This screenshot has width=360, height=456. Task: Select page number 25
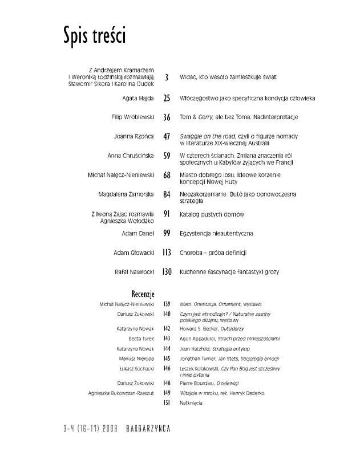[x=167, y=98]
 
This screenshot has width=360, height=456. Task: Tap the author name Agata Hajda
[x=137, y=98]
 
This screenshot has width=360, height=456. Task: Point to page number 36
[x=167, y=117]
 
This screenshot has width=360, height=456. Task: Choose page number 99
[x=167, y=234]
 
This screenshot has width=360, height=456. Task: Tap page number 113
[x=167, y=252]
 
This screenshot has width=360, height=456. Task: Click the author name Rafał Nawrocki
[x=132, y=273]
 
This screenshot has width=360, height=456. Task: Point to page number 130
[x=167, y=273]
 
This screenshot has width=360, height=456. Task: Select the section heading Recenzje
[x=143, y=294]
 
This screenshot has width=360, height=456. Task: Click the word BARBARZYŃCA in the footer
[x=145, y=427]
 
